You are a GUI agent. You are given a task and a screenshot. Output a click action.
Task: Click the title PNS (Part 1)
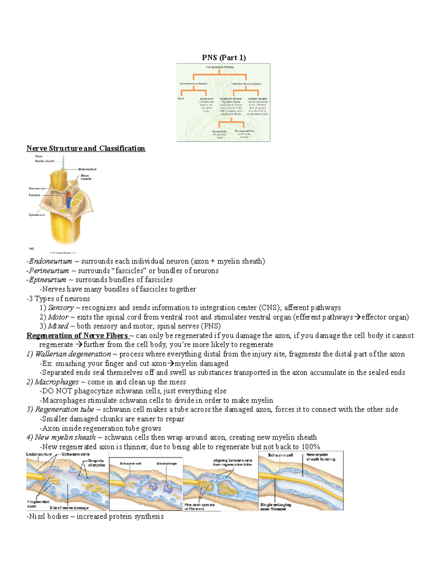point(224,58)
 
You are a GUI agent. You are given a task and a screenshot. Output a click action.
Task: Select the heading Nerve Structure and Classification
point(85,148)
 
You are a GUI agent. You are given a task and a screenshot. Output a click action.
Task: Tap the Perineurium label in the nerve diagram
point(37,189)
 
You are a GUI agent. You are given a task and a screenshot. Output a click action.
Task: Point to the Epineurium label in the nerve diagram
point(37,215)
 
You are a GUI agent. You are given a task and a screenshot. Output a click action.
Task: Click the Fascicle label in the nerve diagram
point(34,195)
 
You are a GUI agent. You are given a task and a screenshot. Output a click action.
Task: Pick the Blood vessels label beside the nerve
point(86,177)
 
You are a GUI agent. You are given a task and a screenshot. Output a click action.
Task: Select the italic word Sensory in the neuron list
point(61,308)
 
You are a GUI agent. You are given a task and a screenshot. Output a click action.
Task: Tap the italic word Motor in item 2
point(58,317)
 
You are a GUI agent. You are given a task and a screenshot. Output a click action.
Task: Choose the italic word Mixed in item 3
point(58,326)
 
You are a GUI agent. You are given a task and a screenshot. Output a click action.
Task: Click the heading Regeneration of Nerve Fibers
point(77,335)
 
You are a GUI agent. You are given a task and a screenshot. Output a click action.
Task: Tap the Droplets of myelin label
point(96,463)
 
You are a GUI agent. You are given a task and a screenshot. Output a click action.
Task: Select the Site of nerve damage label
point(69,508)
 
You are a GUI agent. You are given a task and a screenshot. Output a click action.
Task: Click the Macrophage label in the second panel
point(167,463)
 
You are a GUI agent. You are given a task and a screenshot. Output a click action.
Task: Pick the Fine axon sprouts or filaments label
point(199,506)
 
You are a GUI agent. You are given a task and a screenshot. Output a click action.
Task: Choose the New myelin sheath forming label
point(320,457)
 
